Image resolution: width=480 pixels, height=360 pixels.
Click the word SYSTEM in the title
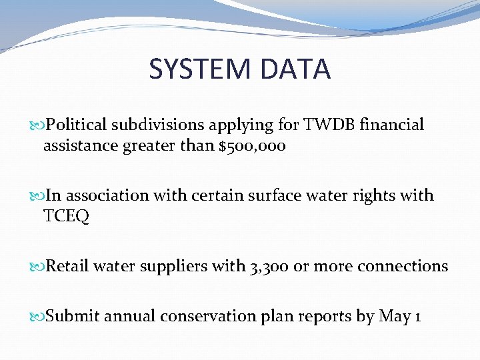pos(196,69)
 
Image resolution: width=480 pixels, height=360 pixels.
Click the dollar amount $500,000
pos(252,145)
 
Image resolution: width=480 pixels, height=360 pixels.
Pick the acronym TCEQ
pos(66,216)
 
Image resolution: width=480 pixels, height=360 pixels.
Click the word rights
pos(372,196)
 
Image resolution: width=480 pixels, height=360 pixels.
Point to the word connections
pos(402,267)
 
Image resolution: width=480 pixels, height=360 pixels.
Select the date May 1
pos(399,316)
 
